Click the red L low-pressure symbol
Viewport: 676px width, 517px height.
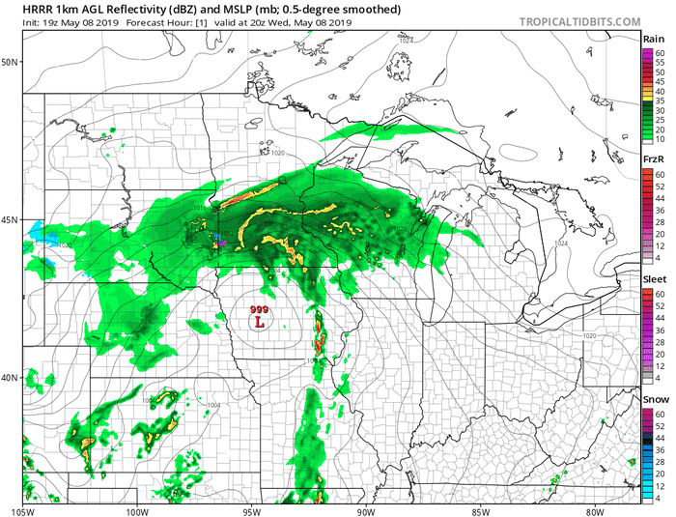pos(259,322)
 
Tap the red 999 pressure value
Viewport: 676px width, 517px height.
pos(259,309)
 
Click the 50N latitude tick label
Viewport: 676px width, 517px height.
pos(12,62)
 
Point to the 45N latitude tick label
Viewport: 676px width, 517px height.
pos(12,219)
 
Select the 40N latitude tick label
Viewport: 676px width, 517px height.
pos(12,377)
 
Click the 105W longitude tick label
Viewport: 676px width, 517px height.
pos(23,510)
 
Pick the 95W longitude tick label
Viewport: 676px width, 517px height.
pos(251,510)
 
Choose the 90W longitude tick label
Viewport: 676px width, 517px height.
pos(365,510)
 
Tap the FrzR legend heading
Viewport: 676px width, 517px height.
pos(654,158)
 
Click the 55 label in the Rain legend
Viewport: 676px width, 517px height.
pos(660,62)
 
